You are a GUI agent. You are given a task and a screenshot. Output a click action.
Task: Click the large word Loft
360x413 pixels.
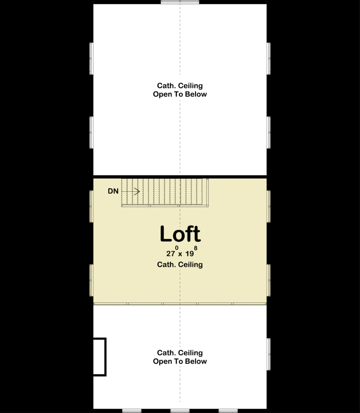click(x=180, y=234)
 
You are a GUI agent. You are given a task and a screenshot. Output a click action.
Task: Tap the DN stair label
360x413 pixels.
click(x=113, y=191)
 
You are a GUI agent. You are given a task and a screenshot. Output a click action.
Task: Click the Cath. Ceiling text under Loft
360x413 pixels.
click(x=180, y=265)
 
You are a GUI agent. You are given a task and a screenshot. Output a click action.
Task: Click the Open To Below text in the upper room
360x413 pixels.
click(x=180, y=94)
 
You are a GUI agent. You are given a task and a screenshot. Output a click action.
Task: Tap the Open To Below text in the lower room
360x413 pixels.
click(x=180, y=361)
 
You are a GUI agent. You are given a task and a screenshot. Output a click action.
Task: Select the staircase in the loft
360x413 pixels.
click(x=165, y=192)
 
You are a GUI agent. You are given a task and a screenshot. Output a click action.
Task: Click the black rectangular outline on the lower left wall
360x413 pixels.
click(x=100, y=357)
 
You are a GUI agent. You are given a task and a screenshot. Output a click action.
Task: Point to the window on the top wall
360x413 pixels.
click(x=180, y=2)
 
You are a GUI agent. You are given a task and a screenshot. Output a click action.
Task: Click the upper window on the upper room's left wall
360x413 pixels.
click(x=91, y=58)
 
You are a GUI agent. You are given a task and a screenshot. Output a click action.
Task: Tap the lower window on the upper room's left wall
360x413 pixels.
click(x=91, y=132)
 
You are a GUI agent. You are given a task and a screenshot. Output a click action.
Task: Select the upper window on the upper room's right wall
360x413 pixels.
click(x=268, y=58)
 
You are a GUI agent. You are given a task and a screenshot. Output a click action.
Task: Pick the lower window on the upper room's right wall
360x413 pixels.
click(x=268, y=132)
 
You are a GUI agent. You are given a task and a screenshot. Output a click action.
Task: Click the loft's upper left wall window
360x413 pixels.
click(x=91, y=206)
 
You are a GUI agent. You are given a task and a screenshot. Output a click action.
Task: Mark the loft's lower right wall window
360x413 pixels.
click(x=268, y=280)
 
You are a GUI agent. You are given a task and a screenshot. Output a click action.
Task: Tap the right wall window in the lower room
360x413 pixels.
click(x=268, y=354)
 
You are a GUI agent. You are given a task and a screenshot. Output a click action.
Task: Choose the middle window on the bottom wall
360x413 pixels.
click(x=180, y=411)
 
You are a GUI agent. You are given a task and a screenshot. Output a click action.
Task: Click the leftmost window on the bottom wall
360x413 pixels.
click(x=131, y=411)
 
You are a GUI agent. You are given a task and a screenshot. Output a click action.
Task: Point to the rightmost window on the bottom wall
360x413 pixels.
click(x=228, y=411)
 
